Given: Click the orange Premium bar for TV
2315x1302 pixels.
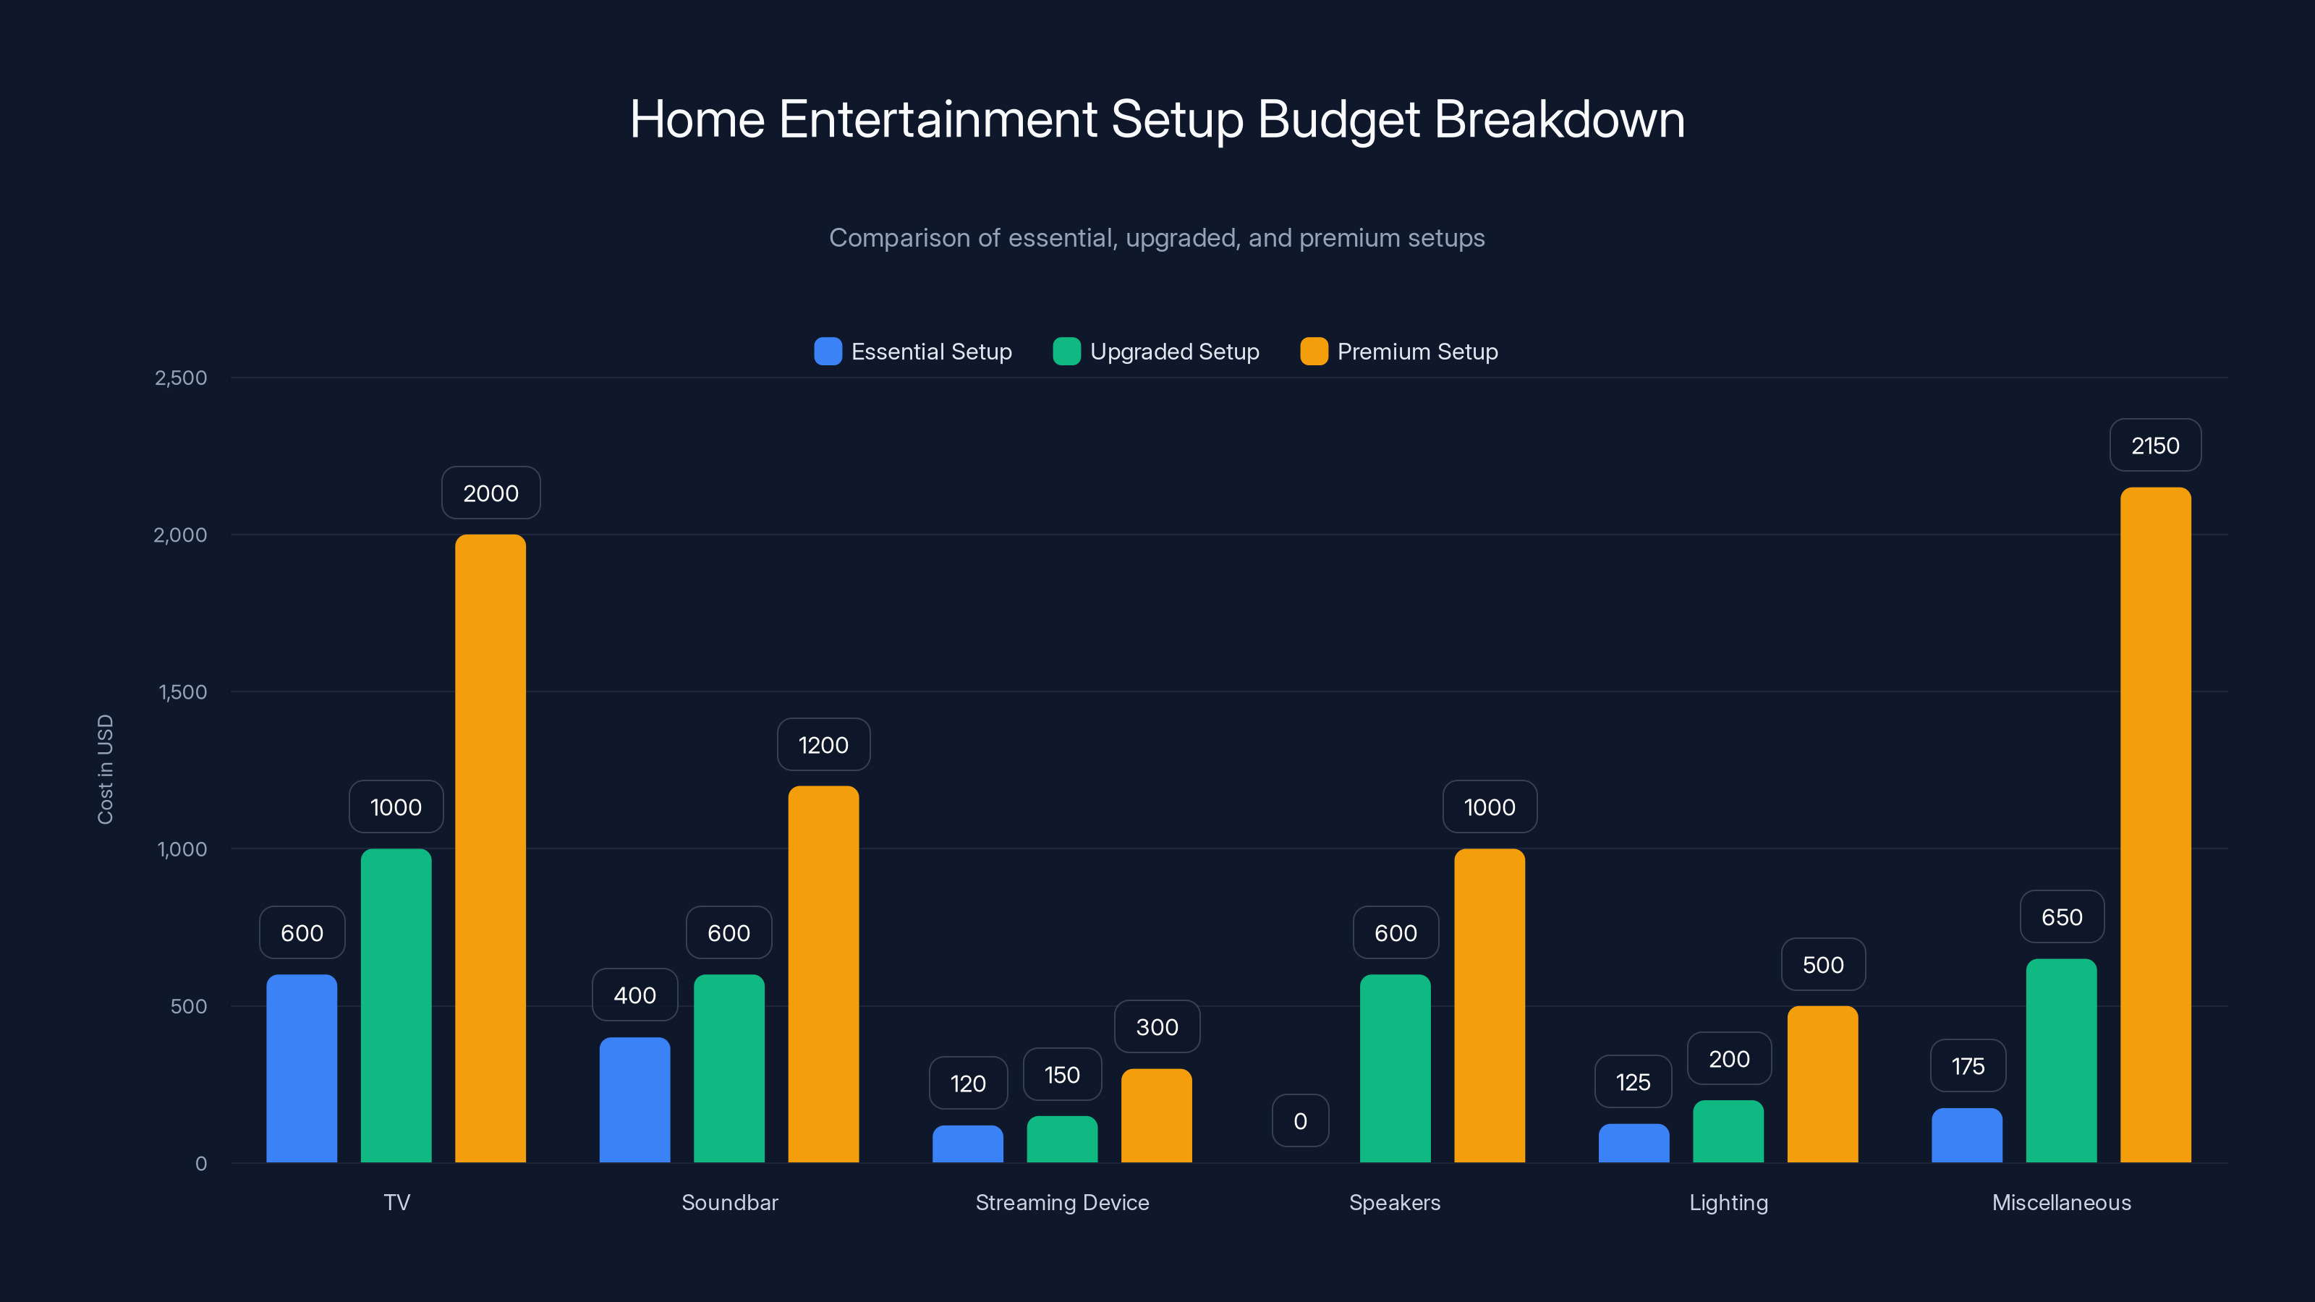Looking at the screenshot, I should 490,848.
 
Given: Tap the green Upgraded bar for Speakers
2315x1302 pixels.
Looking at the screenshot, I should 1395,1068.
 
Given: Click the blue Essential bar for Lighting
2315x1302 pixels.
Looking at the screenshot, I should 1633,1143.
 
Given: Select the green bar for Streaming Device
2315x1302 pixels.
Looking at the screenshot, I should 1062,1139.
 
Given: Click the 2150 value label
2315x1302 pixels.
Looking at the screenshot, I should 2155,446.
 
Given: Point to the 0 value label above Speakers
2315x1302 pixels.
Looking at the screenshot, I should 1299,1121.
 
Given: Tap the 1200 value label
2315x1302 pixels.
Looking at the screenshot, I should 823,745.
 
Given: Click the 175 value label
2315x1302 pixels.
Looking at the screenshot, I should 1968,1067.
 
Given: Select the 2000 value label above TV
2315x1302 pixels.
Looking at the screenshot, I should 490,493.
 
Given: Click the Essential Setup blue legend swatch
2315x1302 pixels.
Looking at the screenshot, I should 828,352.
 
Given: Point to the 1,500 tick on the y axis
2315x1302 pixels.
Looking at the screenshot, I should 182,692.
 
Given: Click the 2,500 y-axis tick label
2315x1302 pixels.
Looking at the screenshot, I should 181,378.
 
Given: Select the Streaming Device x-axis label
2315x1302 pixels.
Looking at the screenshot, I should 1062,1202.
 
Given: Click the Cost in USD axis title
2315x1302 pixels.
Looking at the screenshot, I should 105,769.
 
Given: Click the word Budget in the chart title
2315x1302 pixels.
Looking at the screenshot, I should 1338,119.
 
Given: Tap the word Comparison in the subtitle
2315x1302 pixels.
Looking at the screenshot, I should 899,238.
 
